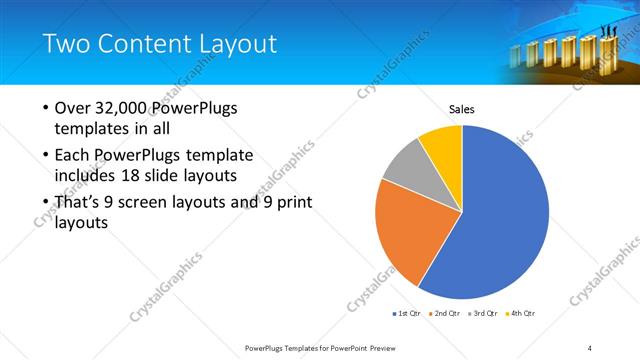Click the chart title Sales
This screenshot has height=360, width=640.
[x=461, y=109]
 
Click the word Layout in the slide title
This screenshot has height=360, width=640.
[x=228, y=44]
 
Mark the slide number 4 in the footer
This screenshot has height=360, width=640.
[x=590, y=347]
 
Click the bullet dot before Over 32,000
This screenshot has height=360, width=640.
[x=44, y=108]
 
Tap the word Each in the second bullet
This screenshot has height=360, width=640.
[x=74, y=156]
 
